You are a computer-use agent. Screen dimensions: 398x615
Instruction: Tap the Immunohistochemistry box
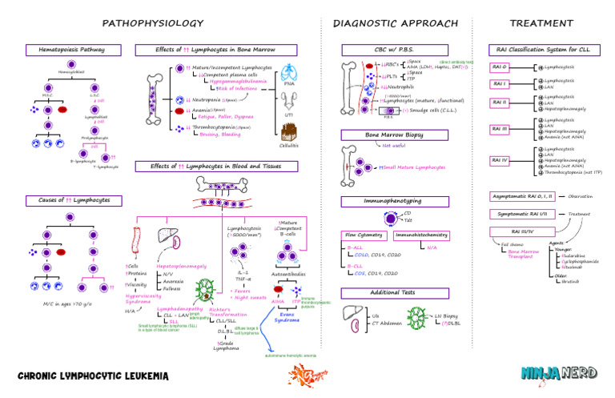point(421,235)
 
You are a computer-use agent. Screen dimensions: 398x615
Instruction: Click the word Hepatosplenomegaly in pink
point(182,265)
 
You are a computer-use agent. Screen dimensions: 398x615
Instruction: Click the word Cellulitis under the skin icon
point(288,145)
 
